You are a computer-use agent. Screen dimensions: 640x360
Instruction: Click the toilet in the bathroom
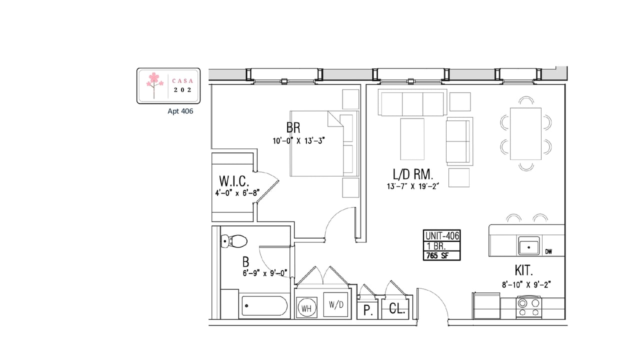[234, 241]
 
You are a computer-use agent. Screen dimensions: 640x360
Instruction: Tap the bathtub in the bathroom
[264, 305]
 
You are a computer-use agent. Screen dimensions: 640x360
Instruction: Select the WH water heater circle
[306, 308]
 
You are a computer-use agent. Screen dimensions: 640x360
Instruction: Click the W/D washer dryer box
[335, 304]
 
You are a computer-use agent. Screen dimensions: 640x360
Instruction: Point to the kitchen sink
[529, 246]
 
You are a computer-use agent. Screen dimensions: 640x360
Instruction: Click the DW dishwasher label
[548, 251]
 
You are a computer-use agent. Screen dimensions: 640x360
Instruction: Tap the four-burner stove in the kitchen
[529, 307]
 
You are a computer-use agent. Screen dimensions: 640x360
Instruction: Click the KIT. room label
[523, 270]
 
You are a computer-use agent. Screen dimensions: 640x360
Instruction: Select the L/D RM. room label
[413, 174]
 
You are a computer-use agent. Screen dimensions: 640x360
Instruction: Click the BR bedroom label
[293, 127]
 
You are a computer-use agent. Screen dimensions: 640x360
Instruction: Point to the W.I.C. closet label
[234, 181]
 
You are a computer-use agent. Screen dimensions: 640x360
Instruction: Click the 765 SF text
[437, 255]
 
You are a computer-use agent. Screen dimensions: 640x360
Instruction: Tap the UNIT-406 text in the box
[442, 236]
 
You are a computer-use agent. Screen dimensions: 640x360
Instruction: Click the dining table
[525, 133]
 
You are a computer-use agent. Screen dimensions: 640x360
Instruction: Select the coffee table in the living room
[412, 139]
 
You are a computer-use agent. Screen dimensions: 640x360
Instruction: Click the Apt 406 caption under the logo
[180, 111]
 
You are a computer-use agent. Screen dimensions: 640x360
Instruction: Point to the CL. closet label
[397, 308]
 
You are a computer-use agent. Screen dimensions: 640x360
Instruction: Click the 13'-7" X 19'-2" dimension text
[412, 186]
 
